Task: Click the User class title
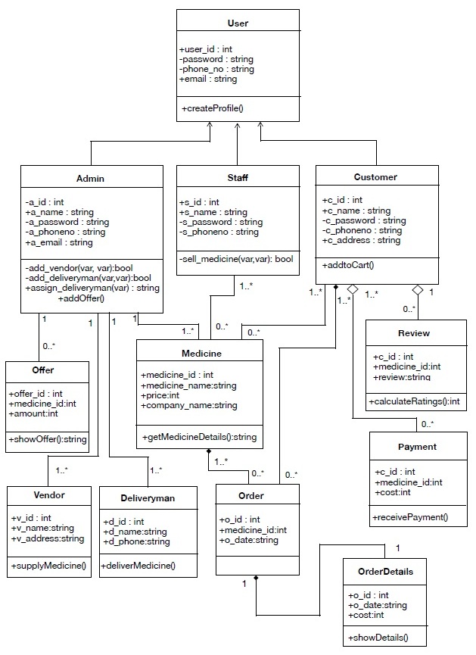(x=238, y=23)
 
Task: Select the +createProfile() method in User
(x=213, y=108)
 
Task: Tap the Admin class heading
(x=90, y=179)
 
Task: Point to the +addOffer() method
(x=81, y=298)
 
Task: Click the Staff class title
(x=238, y=178)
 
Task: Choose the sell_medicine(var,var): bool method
(x=236, y=259)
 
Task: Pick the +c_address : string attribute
(x=361, y=240)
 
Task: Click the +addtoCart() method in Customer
(x=348, y=265)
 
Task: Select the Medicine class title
(x=201, y=354)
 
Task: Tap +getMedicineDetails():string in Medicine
(x=200, y=437)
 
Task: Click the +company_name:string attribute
(x=189, y=405)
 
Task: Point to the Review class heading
(x=414, y=333)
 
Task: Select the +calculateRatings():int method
(x=414, y=401)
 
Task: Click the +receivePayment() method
(x=410, y=517)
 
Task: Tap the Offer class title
(x=43, y=370)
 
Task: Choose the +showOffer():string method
(x=48, y=439)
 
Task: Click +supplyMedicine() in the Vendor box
(x=48, y=566)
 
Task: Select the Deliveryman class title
(x=148, y=498)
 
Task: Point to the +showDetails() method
(x=378, y=638)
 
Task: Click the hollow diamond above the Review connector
(x=418, y=289)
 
